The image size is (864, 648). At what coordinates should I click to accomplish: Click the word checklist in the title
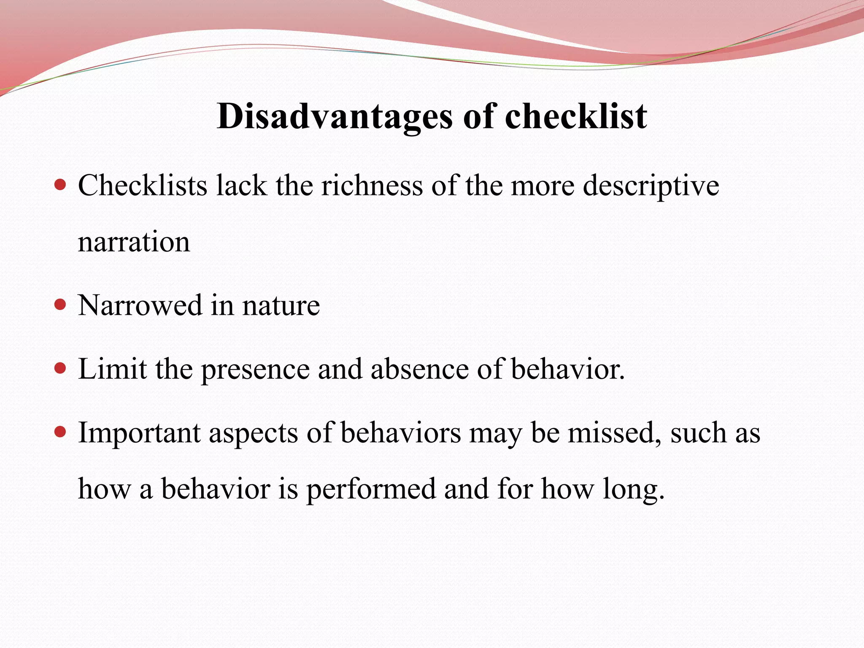575,117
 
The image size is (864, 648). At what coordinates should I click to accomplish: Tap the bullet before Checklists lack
61,185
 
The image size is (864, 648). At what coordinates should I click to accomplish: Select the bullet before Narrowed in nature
61,305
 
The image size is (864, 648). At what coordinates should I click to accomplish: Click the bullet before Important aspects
61,432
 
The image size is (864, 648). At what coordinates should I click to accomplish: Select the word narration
134,243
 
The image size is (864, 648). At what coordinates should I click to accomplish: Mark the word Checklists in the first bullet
143,186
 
